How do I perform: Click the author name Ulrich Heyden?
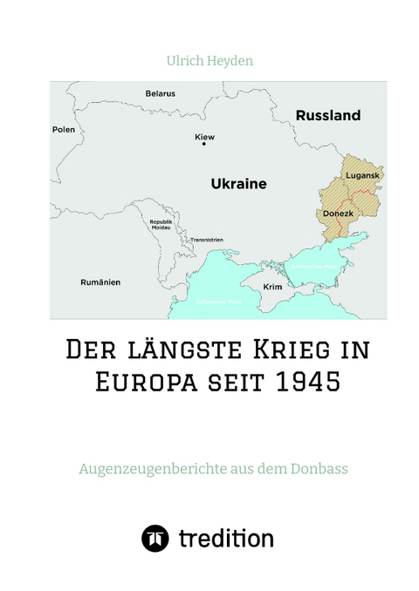pos(209,63)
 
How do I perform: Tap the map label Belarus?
pos(160,93)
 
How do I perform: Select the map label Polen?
pos(65,129)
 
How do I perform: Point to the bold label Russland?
pos(328,115)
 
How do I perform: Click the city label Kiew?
pos(204,137)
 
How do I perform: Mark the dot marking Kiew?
pos(204,145)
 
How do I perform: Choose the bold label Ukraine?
pos(238,184)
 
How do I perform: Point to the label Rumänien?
pos(98,282)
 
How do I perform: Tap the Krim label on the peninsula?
pos(272,287)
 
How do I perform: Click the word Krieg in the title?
pos(294,351)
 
